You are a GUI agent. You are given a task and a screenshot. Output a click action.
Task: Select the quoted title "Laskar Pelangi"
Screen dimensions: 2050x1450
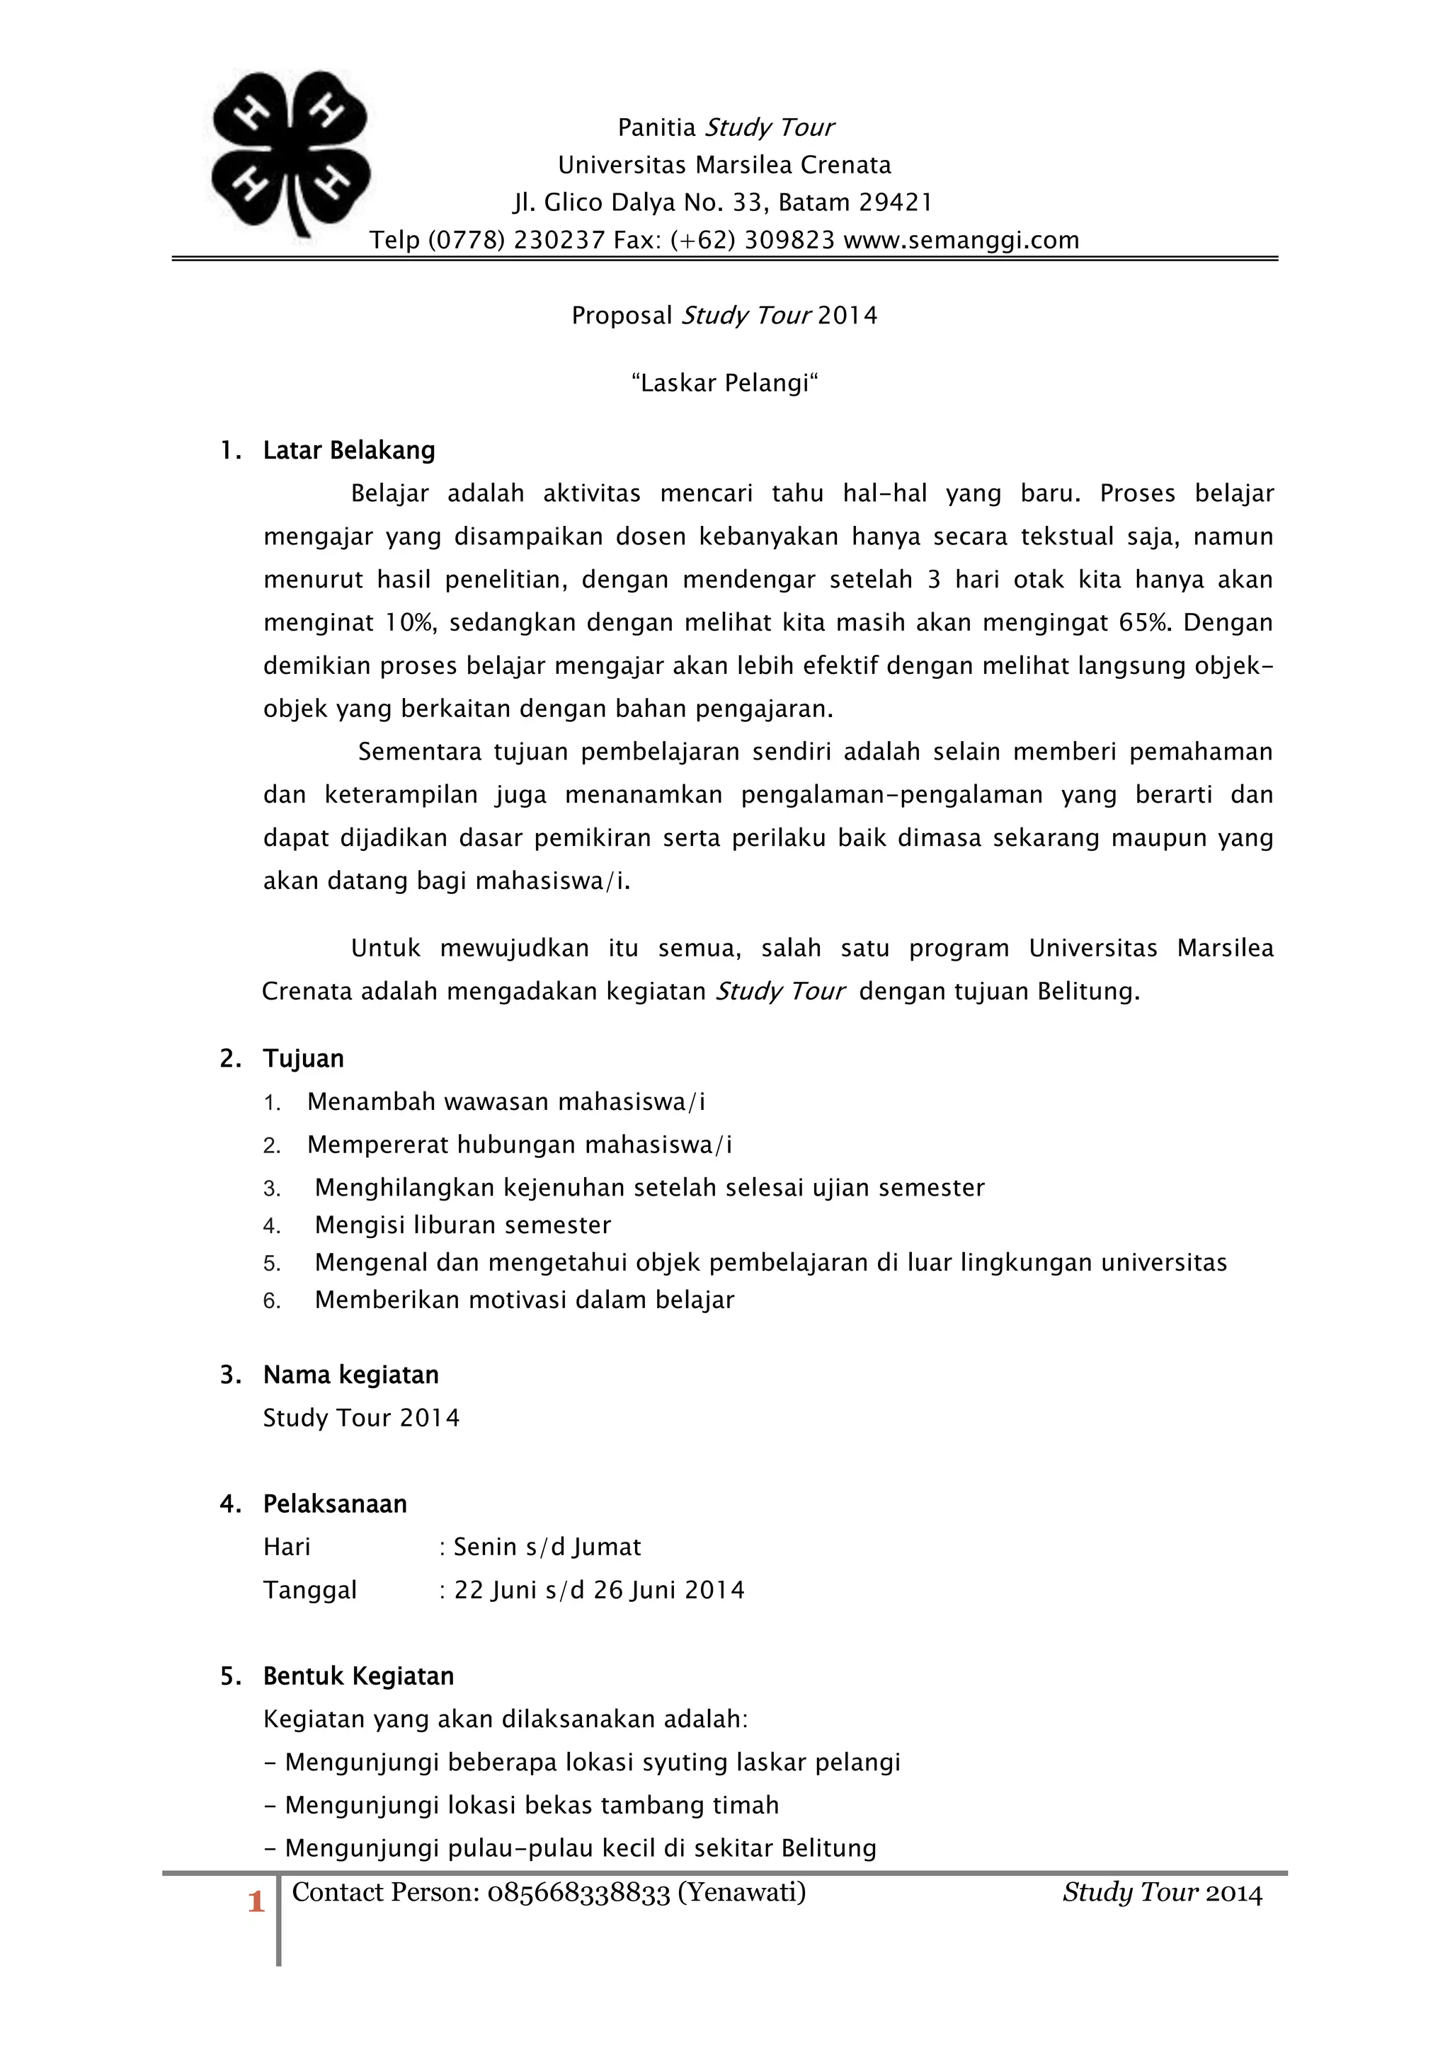(x=724, y=383)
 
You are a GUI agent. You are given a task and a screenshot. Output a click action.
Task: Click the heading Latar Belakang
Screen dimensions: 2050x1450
(x=349, y=450)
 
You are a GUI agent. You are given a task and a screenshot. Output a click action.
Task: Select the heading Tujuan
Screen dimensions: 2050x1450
(x=304, y=1058)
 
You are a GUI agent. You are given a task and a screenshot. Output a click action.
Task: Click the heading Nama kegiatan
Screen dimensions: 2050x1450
(x=351, y=1375)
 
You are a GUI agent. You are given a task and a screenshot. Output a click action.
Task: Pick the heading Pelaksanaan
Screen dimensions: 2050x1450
(x=335, y=1504)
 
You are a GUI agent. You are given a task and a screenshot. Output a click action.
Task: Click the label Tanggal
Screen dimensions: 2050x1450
(x=310, y=1590)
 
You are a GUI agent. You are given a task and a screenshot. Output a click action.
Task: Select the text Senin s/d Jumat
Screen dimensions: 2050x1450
(x=547, y=1547)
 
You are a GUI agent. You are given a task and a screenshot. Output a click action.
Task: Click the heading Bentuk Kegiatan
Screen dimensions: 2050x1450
(x=358, y=1677)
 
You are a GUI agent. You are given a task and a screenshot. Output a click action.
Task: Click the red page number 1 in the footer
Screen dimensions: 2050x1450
(x=256, y=1903)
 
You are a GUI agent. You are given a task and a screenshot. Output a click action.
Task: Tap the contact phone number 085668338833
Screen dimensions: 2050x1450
(x=578, y=1893)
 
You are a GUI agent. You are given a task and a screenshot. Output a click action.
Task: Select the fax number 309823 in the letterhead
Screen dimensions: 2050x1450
(x=789, y=240)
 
